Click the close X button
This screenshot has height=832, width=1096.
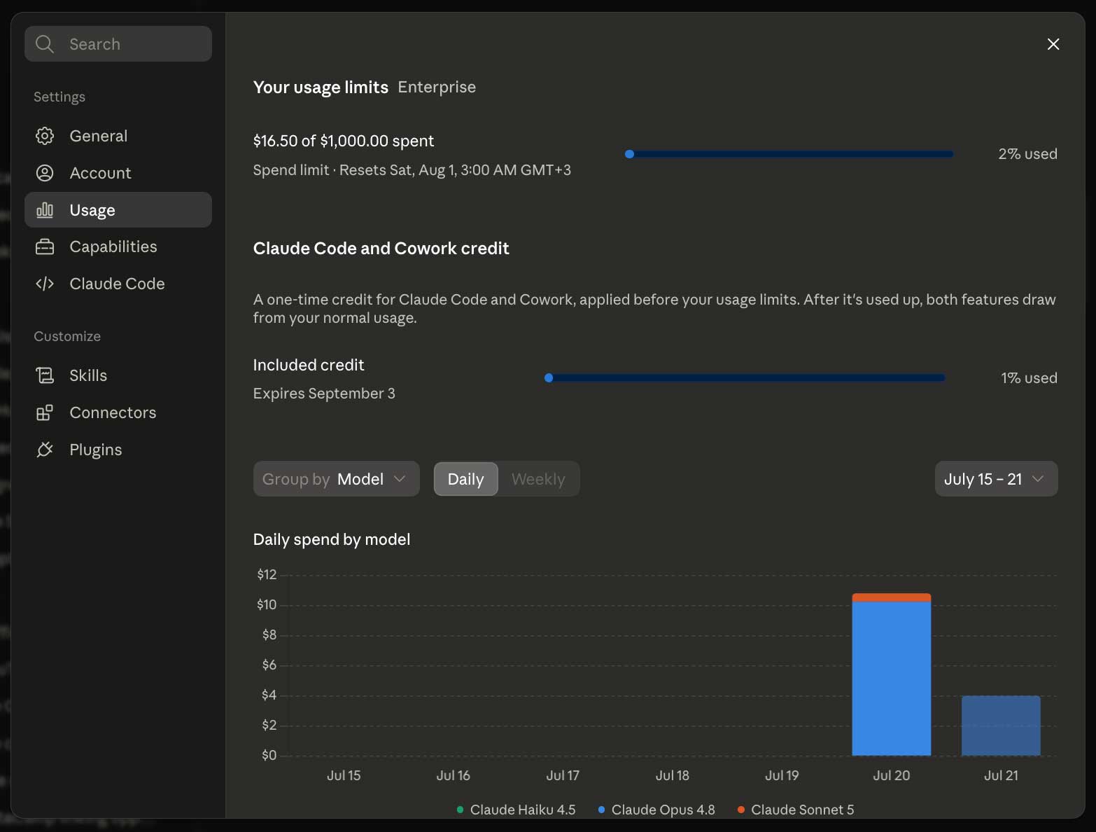pos(1053,44)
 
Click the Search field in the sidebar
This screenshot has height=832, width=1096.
pos(118,44)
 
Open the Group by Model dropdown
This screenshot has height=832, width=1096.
pos(336,479)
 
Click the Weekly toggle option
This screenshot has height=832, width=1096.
pos(538,479)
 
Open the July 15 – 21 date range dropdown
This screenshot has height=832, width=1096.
pos(996,479)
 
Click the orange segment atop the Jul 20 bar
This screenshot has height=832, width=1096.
pos(891,597)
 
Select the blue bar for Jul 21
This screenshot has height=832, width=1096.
pos(1001,726)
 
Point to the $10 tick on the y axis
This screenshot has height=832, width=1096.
pos(267,604)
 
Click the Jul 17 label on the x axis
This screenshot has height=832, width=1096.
pos(563,775)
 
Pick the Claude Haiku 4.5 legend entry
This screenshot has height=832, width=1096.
pos(517,810)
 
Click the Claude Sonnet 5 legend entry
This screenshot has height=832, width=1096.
pos(796,810)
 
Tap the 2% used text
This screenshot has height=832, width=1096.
pos(1027,154)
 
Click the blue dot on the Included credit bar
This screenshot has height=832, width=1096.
pos(549,377)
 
